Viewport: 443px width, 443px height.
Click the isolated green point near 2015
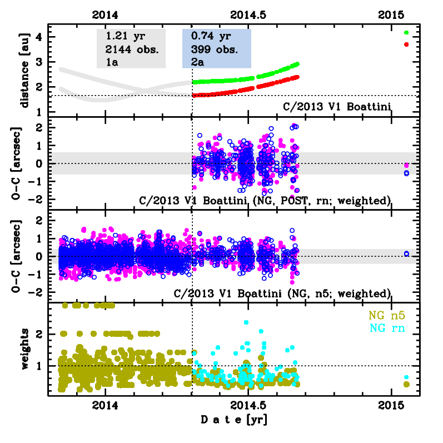(406, 33)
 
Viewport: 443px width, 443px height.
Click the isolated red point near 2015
(406, 44)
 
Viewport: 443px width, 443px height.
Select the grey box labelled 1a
(131, 49)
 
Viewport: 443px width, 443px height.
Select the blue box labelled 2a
(217, 49)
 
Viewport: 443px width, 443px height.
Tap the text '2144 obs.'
(132, 49)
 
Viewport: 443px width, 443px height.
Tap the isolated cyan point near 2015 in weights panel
(406, 377)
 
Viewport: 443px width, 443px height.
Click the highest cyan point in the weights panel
(246, 322)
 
